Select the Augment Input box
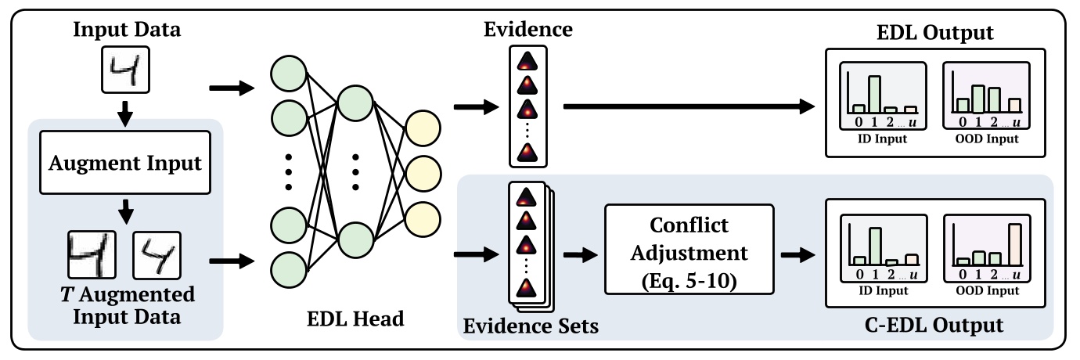point(126,164)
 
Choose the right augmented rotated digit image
point(157,254)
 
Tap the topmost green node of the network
point(286,74)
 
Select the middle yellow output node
point(422,171)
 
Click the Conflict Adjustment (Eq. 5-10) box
point(688,249)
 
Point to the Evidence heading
point(527,31)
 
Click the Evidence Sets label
point(529,325)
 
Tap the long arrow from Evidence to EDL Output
point(689,107)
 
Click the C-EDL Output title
point(939,323)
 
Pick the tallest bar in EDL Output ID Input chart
point(874,93)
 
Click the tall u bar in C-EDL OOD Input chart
point(1015,244)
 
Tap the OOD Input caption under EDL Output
point(986,139)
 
